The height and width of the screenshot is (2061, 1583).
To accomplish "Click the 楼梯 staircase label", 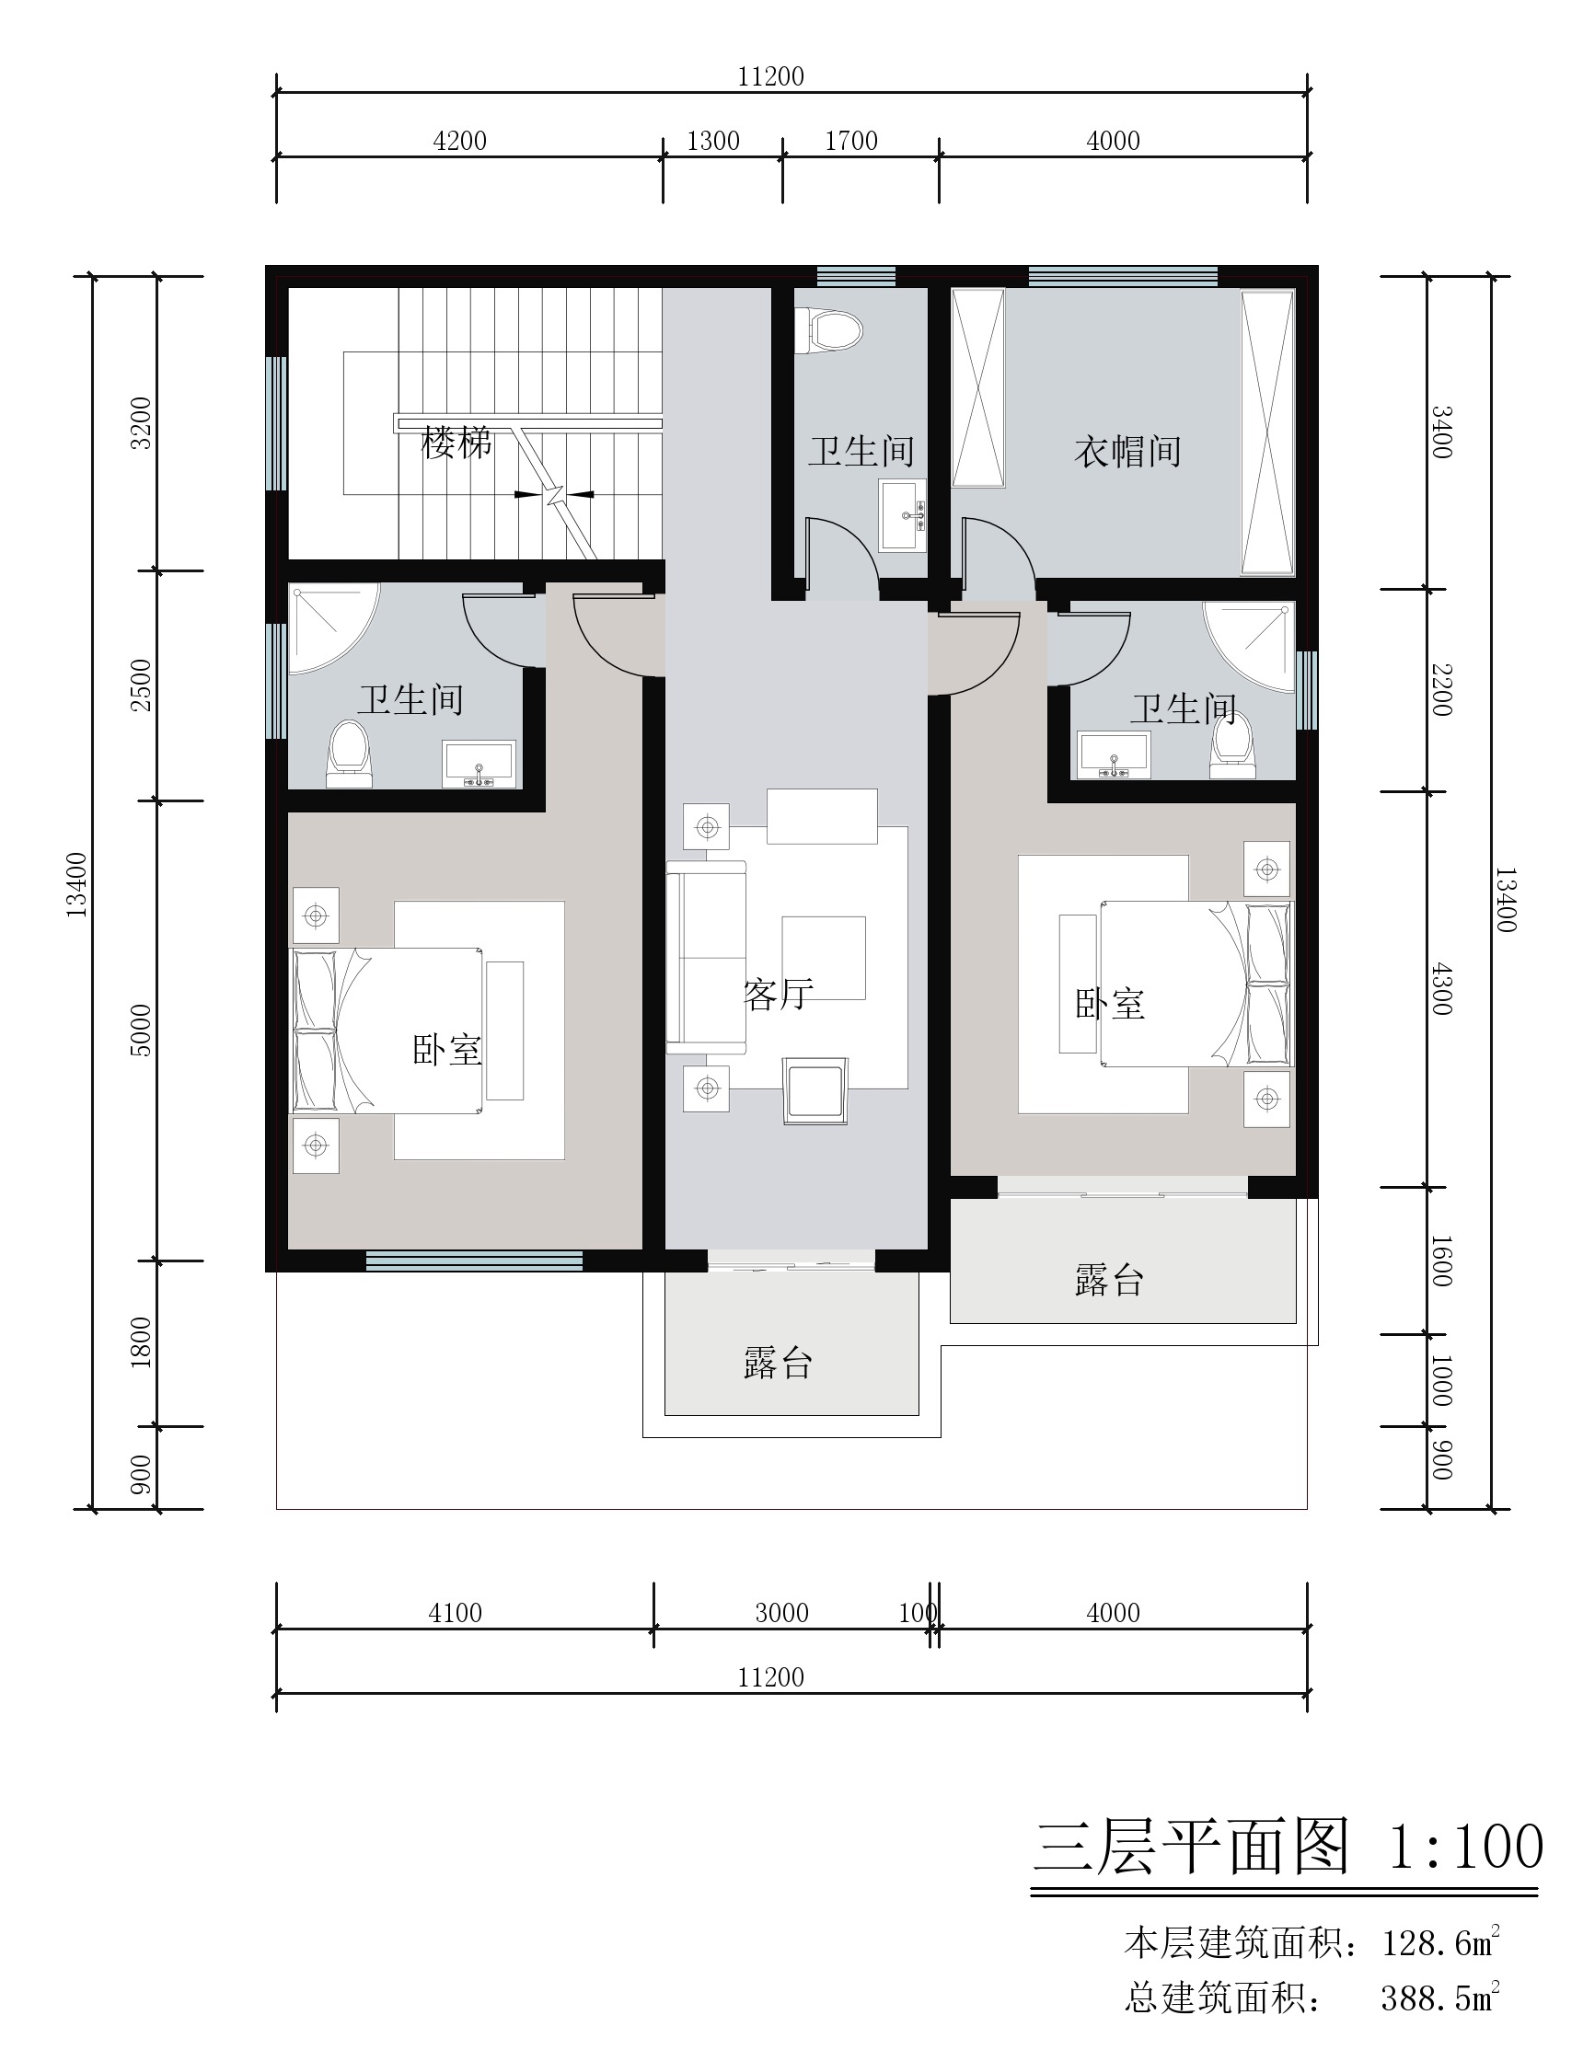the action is (x=457, y=443).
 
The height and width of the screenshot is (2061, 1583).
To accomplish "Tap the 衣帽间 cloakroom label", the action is (x=1128, y=452).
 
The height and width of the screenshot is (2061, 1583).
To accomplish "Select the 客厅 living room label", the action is (x=779, y=995).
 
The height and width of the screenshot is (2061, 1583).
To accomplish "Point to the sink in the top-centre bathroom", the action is (x=904, y=516).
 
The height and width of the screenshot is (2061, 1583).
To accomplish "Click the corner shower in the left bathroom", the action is (x=329, y=626).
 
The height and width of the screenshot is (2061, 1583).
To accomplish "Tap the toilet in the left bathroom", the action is (x=350, y=754).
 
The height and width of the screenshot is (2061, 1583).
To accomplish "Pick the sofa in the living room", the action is (x=707, y=957).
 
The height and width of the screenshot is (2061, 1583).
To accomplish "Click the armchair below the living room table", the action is (x=815, y=1091).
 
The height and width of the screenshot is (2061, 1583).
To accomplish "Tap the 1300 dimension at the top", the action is (x=713, y=142).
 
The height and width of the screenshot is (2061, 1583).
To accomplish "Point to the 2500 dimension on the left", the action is (x=141, y=685).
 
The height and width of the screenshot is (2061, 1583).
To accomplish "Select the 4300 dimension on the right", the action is (x=1441, y=989).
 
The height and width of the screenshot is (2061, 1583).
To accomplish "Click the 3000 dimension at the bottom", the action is (x=782, y=1613).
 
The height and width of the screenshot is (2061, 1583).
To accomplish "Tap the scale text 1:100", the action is (x=1466, y=1846).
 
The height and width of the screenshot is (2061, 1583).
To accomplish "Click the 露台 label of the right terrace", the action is (x=1110, y=1281).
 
